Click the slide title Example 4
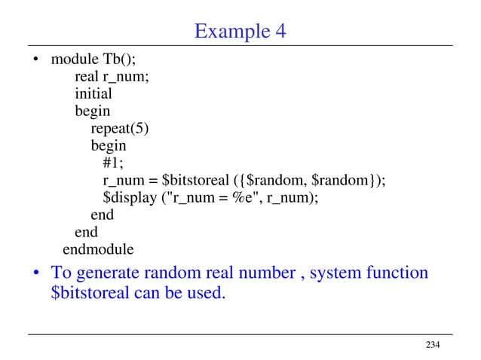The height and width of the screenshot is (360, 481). [240, 32]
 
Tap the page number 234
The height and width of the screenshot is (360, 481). [432, 345]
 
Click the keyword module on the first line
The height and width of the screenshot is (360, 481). [74, 59]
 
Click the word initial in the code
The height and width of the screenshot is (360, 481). [93, 94]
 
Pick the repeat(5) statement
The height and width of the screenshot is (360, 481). [120, 129]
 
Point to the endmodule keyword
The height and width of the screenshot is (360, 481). [98, 249]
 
